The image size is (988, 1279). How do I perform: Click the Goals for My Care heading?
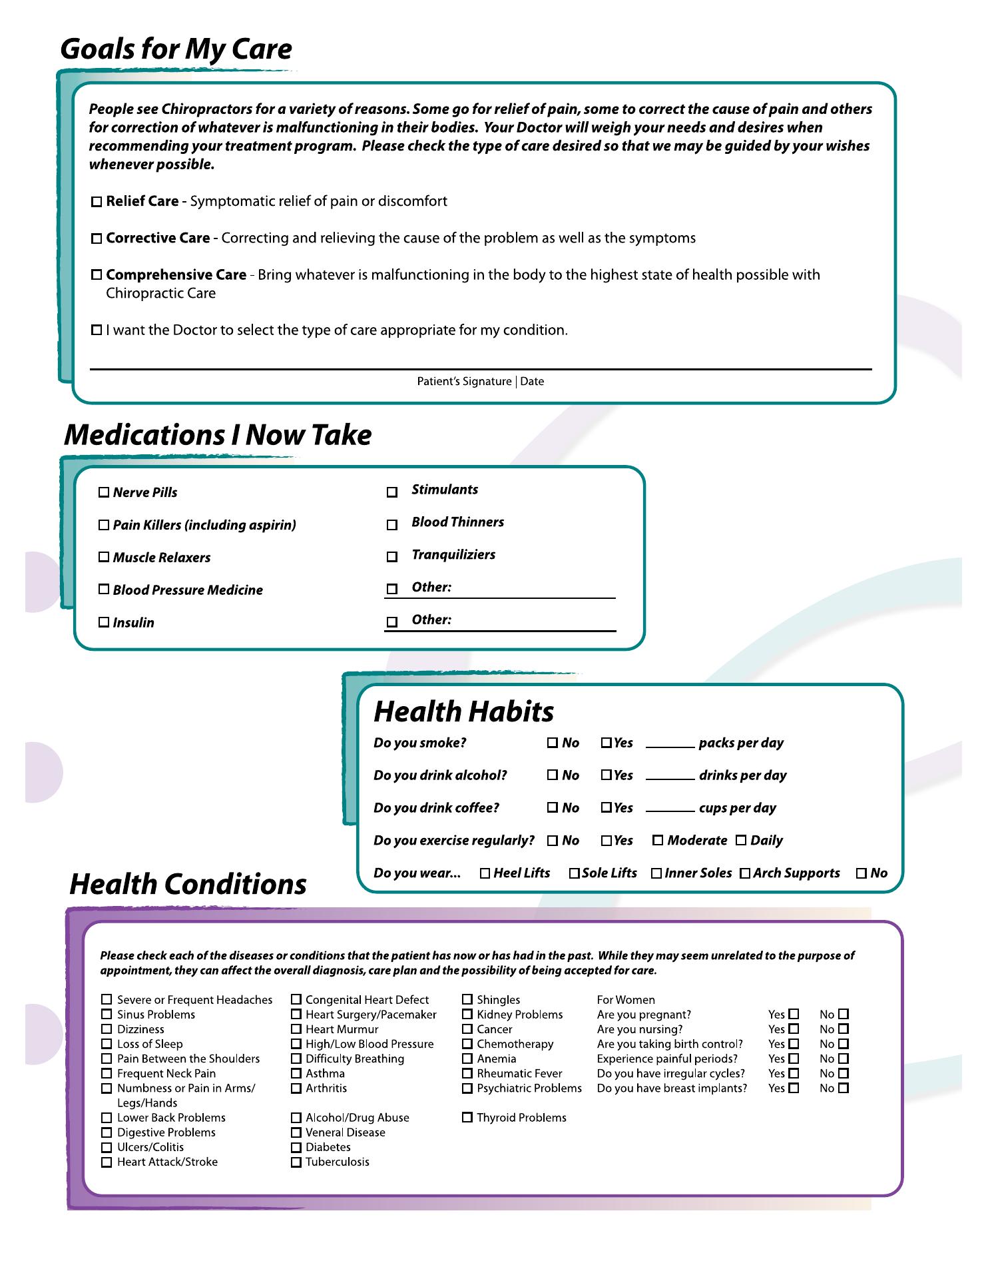click(176, 49)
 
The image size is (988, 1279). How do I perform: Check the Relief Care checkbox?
click(97, 201)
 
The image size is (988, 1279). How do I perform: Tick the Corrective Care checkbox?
click(97, 238)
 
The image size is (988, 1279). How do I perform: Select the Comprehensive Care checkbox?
click(97, 274)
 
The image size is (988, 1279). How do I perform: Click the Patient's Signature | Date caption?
click(480, 382)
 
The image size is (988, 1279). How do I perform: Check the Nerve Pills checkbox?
click(104, 492)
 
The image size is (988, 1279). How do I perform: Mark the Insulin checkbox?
click(104, 622)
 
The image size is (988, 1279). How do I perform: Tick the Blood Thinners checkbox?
click(392, 525)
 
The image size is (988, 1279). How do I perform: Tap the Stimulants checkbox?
click(392, 492)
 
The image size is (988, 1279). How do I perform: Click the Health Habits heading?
click(463, 711)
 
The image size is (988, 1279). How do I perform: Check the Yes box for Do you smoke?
click(606, 743)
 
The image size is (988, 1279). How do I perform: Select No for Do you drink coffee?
click(553, 807)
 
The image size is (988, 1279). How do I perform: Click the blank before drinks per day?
click(670, 775)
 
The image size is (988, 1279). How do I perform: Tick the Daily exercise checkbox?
click(741, 840)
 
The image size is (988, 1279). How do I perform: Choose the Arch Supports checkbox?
click(745, 873)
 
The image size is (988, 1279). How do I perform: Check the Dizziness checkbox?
click(107, 1029)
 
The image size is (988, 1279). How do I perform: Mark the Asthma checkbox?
click(296, 1073)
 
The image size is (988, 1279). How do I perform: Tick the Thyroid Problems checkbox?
click(467, 1117)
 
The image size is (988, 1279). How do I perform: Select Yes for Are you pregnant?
click(794, 1015)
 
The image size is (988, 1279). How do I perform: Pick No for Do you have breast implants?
click(844, 1088)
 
